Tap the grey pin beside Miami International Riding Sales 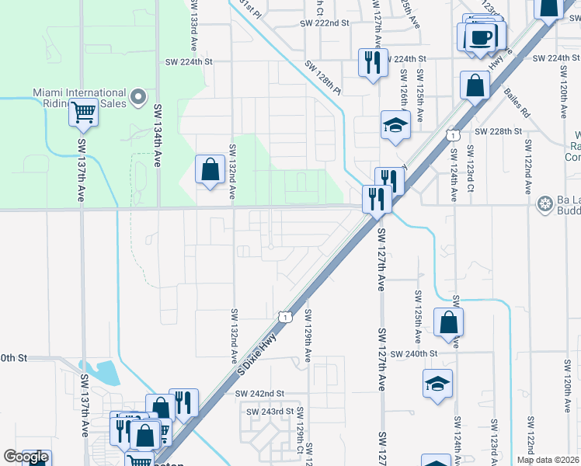coord(138,97)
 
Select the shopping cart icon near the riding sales coord(83,113)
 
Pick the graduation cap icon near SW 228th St coord(395,125)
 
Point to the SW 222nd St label coord(325,23)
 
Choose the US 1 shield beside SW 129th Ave coord(287,316)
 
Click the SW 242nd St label coord(260,394)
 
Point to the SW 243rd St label coord(269,411)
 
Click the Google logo coord(26,457)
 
